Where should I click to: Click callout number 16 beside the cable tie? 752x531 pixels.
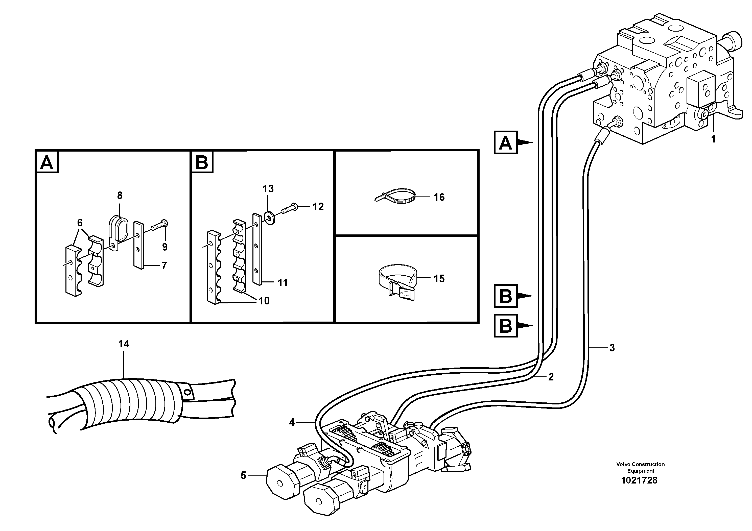(x=439, y=197)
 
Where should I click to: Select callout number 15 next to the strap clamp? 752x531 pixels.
(x=439, y=279)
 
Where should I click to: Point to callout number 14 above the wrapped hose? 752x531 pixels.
(x=124, y=344)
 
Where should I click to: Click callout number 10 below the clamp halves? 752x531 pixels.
(x=264, y=301)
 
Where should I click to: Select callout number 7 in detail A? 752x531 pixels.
(x=164, y=265)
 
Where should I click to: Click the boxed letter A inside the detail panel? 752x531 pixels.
(x=47, y=162)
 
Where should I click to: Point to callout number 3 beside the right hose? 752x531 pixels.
(x=612, y=348)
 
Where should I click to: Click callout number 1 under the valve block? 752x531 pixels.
(x=713, y=139)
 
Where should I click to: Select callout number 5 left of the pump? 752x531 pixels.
(x=243, y=475)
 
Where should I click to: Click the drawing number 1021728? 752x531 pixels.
(x=639, y=480)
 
